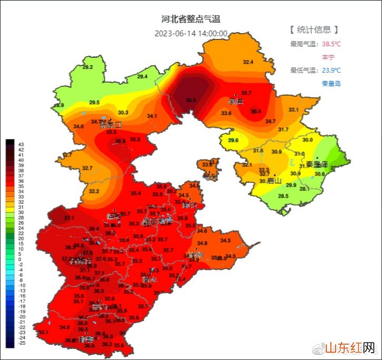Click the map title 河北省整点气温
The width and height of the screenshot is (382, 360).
tap(190, 19)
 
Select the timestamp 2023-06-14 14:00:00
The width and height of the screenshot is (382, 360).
tap(191, 34)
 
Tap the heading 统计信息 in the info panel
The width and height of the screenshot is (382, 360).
tap(314, 29)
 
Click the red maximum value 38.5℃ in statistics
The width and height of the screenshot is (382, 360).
tap(331, 44)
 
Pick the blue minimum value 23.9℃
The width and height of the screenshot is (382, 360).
tap(331, 70)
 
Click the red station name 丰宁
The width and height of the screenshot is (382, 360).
tap(328, 57)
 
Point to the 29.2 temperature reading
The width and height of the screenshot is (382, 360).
tap(87, 67)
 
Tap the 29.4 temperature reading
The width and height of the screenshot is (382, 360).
tap(142, 77)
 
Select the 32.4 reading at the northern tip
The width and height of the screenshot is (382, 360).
tap(248, 62)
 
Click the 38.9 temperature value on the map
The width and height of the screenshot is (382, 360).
tap(120, 141)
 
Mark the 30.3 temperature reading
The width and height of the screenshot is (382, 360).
tap(123, 113)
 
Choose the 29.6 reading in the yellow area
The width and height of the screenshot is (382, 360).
tap(233, 141)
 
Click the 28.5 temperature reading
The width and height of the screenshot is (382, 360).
tap(283, 196)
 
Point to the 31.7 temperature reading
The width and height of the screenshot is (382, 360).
tap(283, 129)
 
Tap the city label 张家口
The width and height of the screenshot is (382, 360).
tap(111, 125)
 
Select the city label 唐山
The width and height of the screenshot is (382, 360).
tap(274, 181)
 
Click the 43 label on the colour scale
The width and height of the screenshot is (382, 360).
tap(21, 144)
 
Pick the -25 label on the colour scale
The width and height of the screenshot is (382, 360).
tap(22, 343)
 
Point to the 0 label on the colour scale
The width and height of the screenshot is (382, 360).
tap(19, 259)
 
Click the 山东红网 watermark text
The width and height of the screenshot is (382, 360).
tap(349, 348)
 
